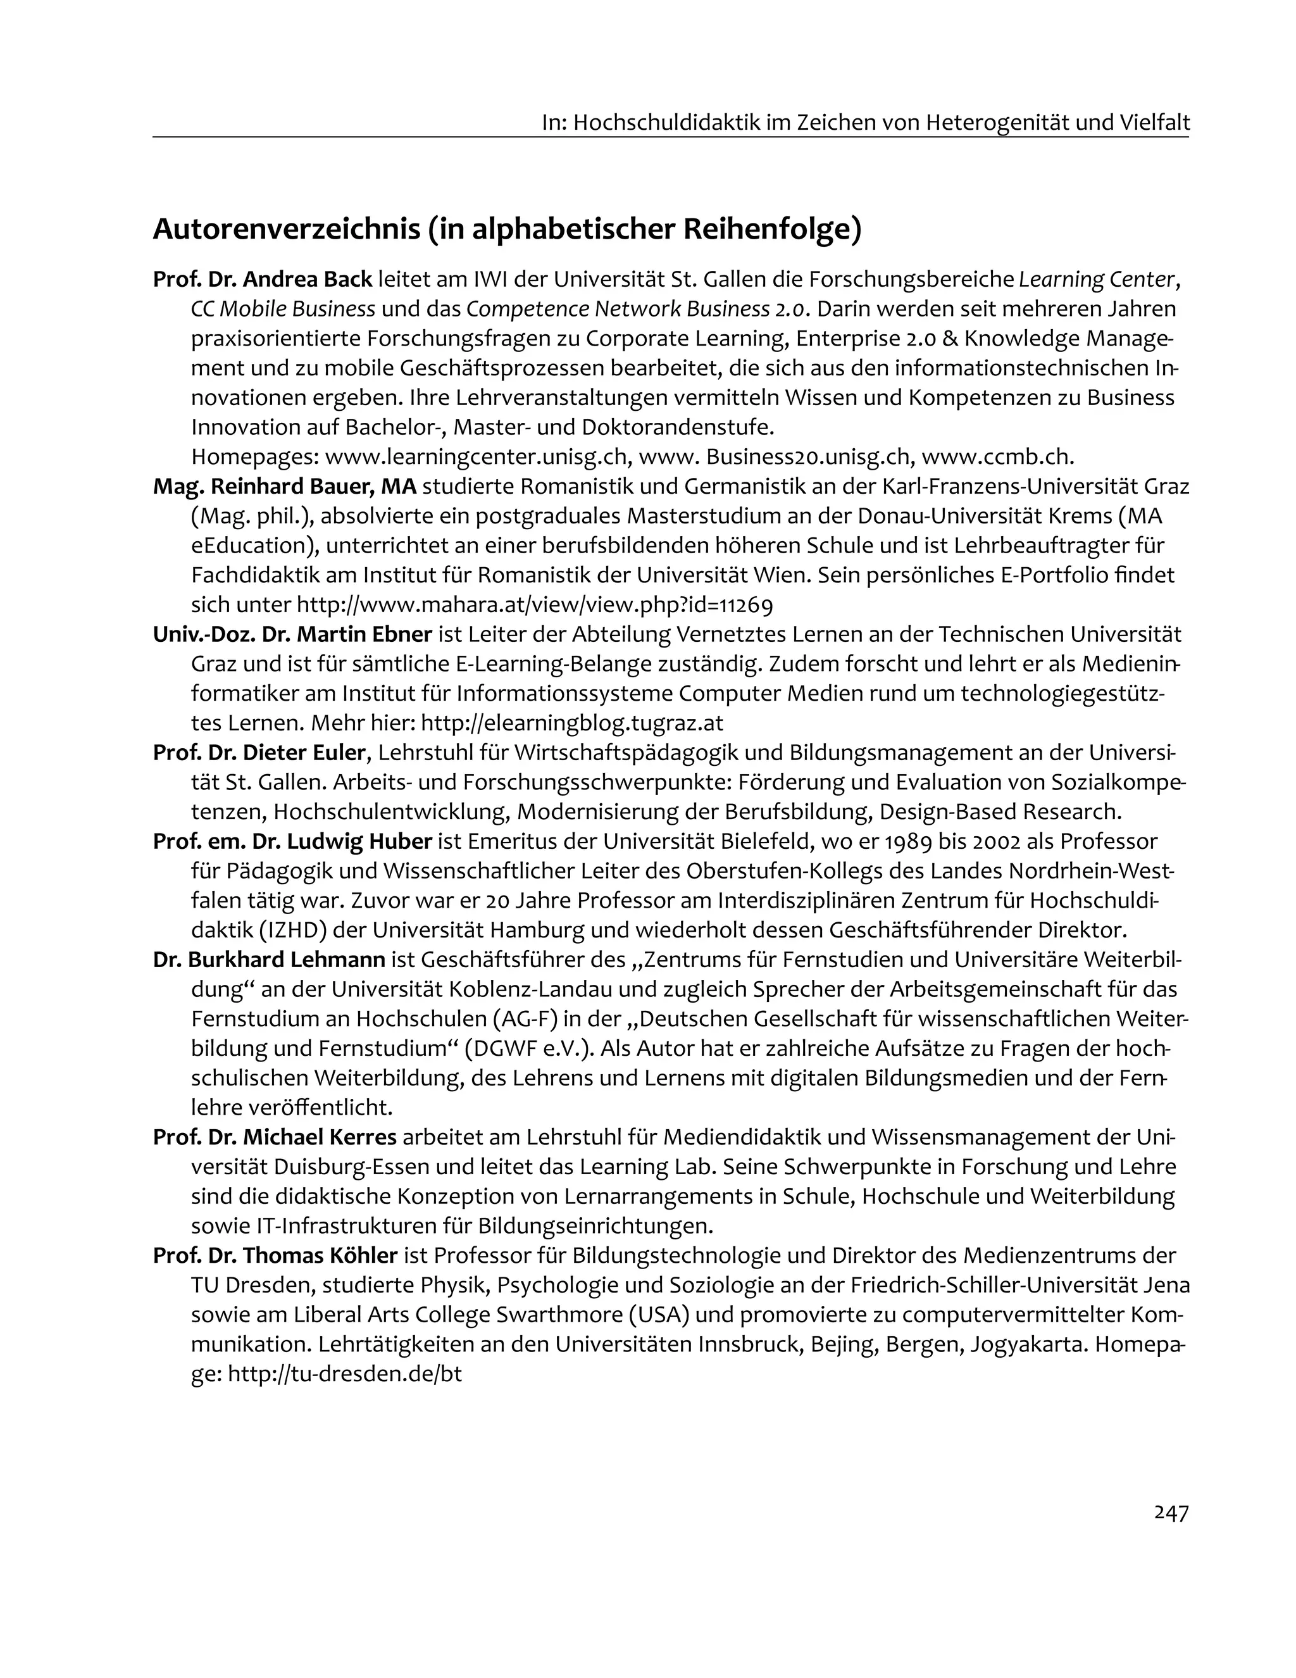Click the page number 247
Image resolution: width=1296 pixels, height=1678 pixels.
pyautogui.click(x=1171, y=1513)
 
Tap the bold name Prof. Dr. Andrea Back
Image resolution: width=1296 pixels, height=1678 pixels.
pyautogui.click(x=262, y=279)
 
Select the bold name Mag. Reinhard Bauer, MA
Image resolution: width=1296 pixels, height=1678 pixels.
pyautogui.click(x=284, y=486)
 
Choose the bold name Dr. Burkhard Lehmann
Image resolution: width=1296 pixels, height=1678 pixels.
pyautogui.click(x=269, y=960)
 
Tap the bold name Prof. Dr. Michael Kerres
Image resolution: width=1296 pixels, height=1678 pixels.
pyautogui.click(x=274, y=1136)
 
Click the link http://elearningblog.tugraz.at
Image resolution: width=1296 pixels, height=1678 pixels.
pyautogui.click(x=572, y=723)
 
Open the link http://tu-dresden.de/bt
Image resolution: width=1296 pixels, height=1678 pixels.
pyautogui.click(x=345, y=1374)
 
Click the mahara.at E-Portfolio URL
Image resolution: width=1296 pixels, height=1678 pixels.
pyautogui.click(x=535, y=604)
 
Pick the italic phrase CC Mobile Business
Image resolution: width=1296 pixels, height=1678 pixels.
pyautogui.click(x=283, y=309)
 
